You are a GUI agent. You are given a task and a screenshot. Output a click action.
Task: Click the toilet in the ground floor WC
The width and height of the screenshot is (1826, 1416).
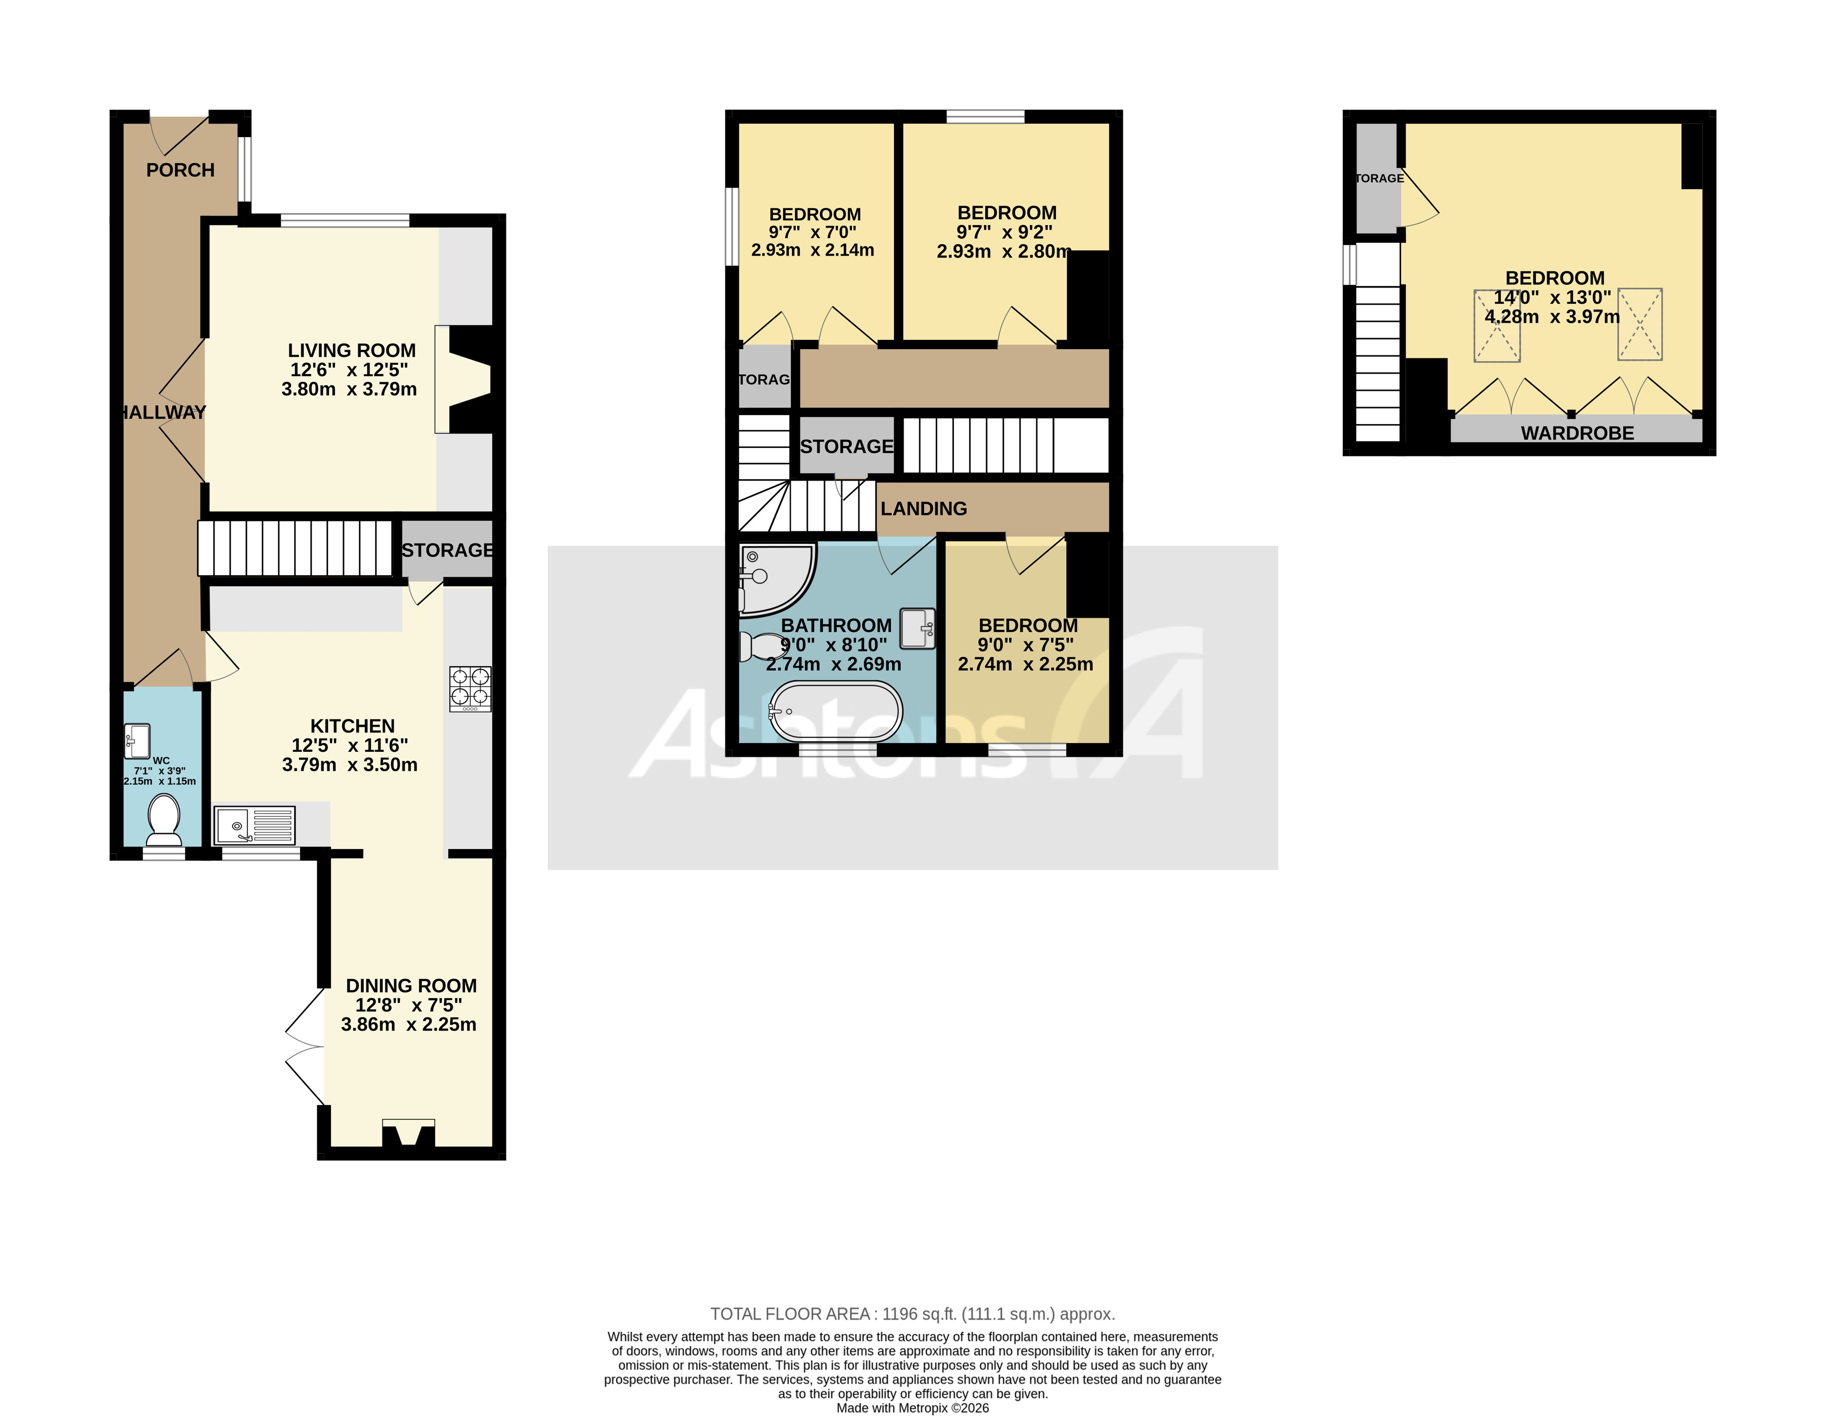click(x=164, y=819)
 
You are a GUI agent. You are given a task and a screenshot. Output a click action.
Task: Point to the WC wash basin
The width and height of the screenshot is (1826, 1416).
click(x=137, y=739)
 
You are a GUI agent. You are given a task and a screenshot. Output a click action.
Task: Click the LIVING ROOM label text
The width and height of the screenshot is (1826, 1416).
click(x=351, y=351)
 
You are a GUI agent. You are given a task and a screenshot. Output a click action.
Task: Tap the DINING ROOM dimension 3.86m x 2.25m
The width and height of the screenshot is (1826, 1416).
click(x=408, y=1025)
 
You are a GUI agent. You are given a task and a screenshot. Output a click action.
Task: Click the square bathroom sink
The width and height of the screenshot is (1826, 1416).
click(x=917, y=628)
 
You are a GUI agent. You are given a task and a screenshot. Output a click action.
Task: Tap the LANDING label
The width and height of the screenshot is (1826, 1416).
click(x=923, y=508)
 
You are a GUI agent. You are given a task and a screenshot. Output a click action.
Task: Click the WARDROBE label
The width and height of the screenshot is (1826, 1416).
click(x=1577, y=433)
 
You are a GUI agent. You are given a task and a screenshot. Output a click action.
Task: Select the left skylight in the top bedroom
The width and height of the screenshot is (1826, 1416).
click(x=1496, y=326)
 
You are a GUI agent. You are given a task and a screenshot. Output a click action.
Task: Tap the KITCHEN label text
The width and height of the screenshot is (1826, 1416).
click(x=352, y=726)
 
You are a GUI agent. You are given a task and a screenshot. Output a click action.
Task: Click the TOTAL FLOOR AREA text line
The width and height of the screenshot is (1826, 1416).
click(x=912, y=1314)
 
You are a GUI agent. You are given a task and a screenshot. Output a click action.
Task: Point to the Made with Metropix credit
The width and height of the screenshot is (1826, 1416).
click(x=912, y=1408)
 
